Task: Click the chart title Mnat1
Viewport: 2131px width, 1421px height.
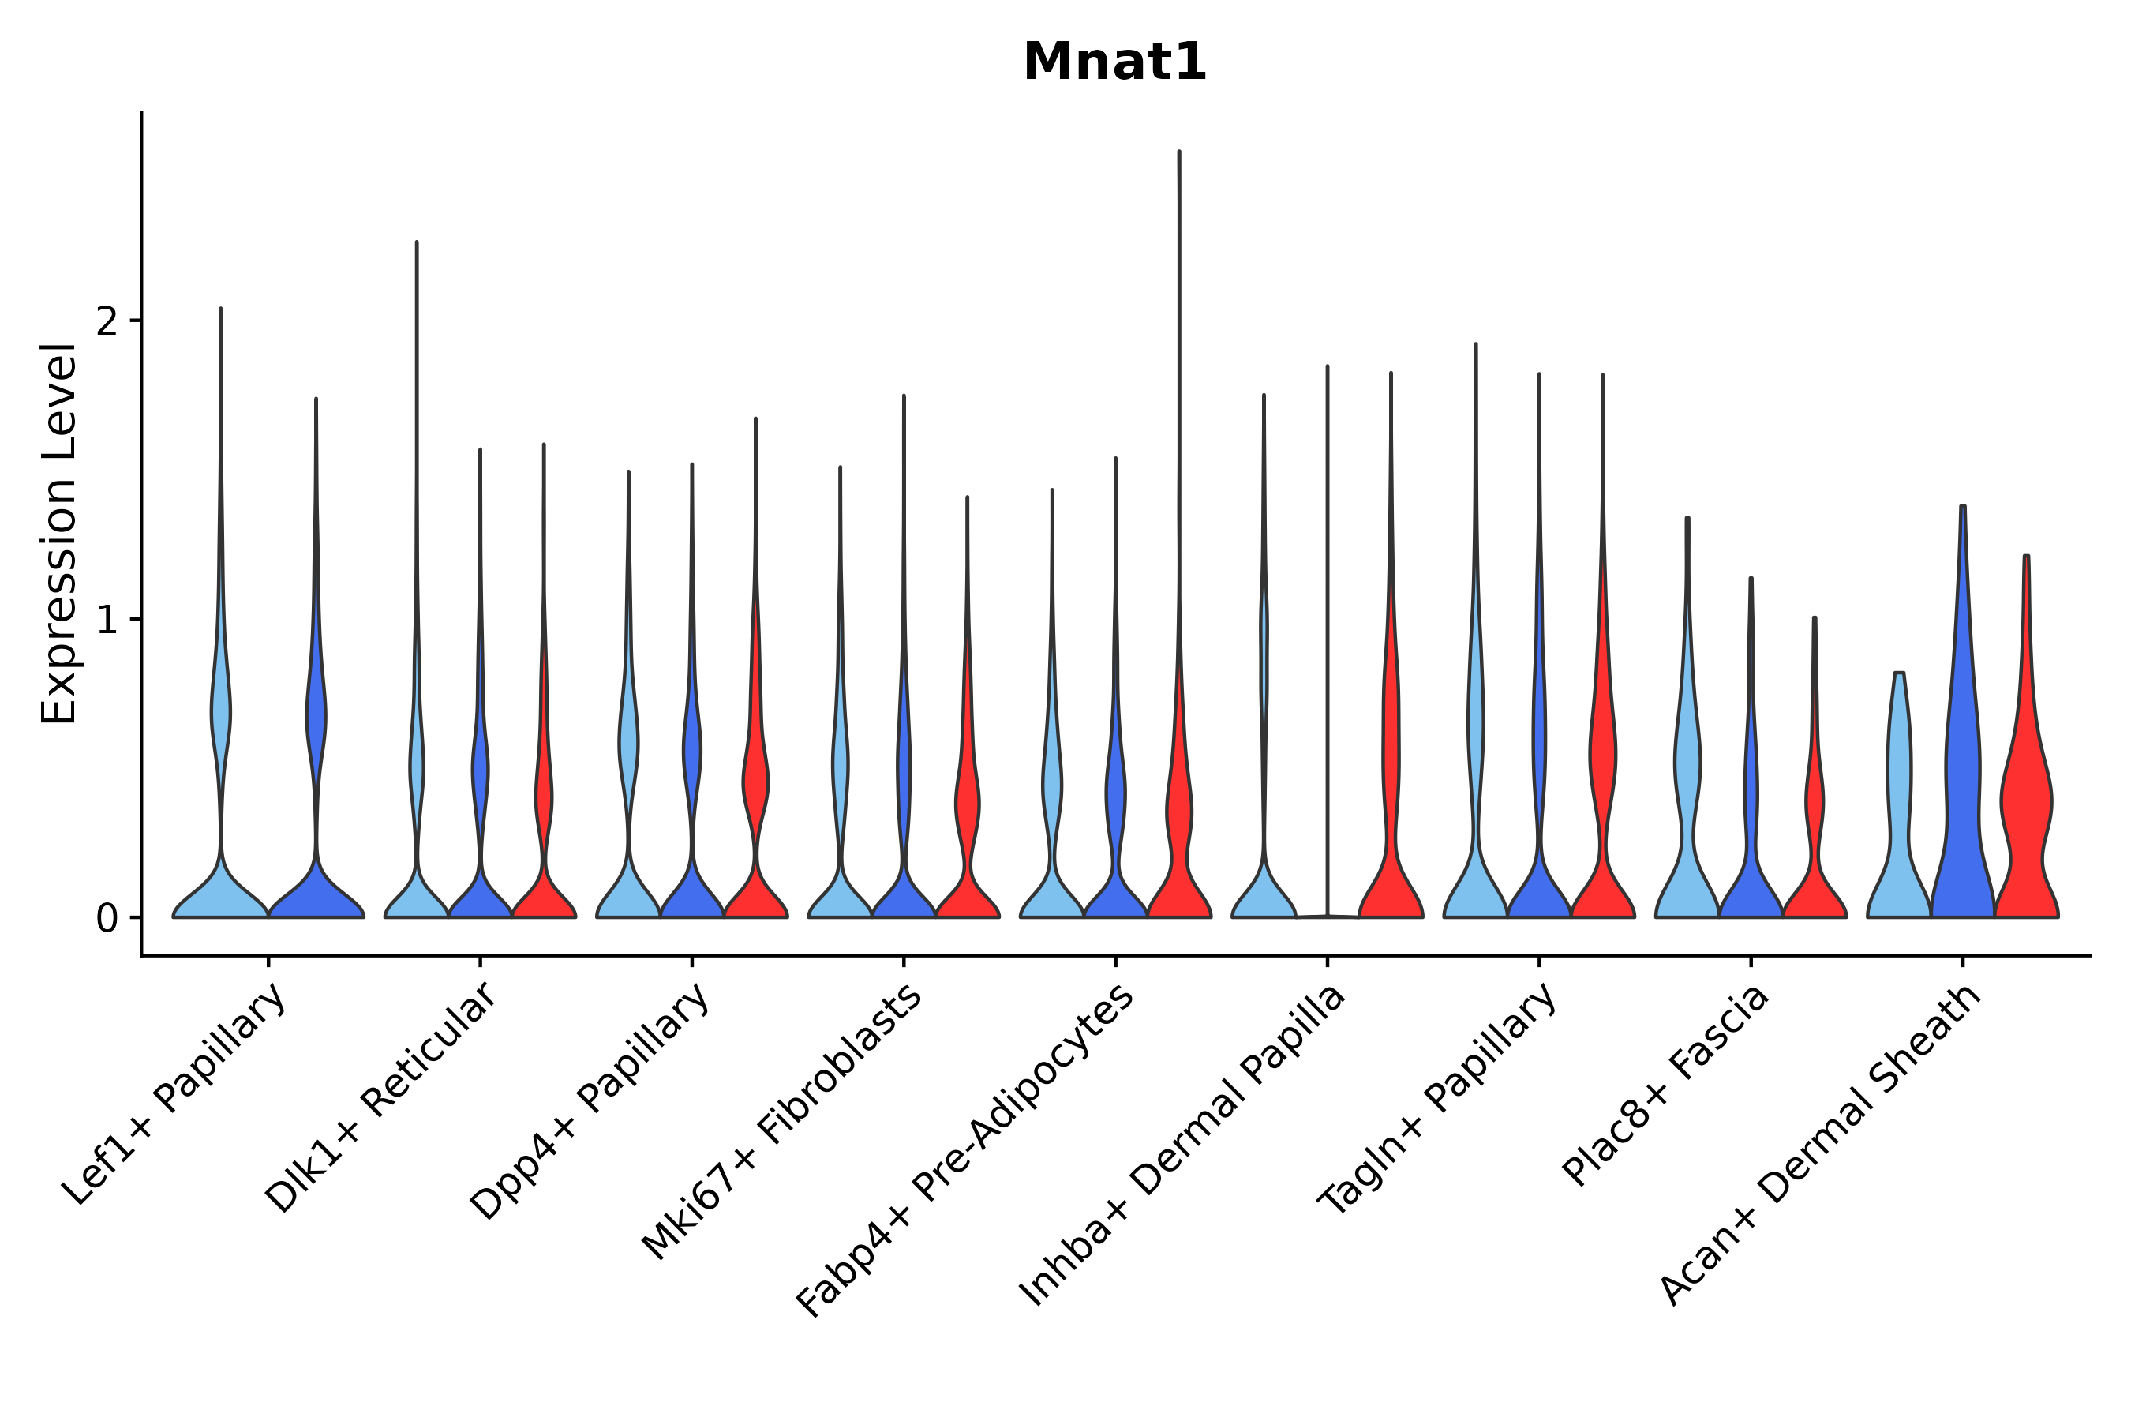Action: click(1114, 63)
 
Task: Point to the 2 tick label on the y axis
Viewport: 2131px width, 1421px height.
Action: click(107, 321)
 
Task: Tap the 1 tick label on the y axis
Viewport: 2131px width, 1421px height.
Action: click(107, 620)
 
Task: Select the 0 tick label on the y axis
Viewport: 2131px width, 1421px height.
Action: click(107, 919)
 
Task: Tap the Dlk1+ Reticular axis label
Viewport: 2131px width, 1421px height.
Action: click(381, 1098)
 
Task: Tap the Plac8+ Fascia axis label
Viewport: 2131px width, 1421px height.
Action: click(1666, 1085)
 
